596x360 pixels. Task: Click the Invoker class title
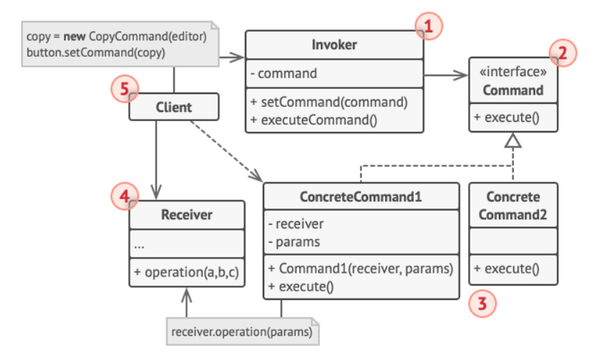click(334, 45)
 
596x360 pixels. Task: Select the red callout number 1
click(428, 26)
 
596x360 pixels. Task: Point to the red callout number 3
click(482, 304)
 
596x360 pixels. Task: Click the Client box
click(174, 107)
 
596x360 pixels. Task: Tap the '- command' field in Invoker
click(284, 73)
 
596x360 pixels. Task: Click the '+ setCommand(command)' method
click(329, 102)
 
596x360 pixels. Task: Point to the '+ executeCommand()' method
click(313, 120)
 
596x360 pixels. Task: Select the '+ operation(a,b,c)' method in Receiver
click(186, 272)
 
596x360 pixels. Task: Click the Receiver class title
click(186, 215)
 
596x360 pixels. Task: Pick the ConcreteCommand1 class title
click(361, 197)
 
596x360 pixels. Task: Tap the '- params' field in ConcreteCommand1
click(294, 242)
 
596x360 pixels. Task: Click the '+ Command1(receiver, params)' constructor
click(361, 269)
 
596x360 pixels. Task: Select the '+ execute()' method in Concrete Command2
click(506, 269)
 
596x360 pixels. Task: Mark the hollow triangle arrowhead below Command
click(513, 140)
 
